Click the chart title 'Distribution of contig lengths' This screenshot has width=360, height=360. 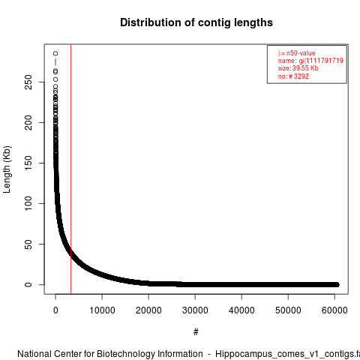coord(196,22)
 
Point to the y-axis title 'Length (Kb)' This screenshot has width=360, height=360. coord(7,169)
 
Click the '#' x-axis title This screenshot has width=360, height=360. coord(196,332)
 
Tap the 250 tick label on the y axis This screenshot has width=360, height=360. coord(28,82)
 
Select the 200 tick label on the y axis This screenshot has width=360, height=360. coord(28,122)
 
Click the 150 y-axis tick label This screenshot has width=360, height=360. coord(28,163)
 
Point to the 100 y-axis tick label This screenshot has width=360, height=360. coord(28,203)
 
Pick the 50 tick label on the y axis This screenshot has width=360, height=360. coord(28,244)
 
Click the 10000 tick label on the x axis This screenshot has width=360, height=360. coord(102,310)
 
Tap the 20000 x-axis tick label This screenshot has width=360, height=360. coord(148,310)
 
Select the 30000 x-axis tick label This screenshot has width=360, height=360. coord(195,310)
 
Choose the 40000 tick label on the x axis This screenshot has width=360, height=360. coord(241,310)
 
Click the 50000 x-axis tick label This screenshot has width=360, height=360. coord(288,310)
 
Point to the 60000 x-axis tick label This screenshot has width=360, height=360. coord(334,310)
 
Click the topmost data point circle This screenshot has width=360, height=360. coord(55,53)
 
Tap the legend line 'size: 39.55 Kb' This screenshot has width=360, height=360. coord(298,68)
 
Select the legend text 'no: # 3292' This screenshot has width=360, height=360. coord(293,76)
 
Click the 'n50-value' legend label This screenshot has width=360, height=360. coord(301,53)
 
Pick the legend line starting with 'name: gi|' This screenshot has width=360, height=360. coord(310,61)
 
